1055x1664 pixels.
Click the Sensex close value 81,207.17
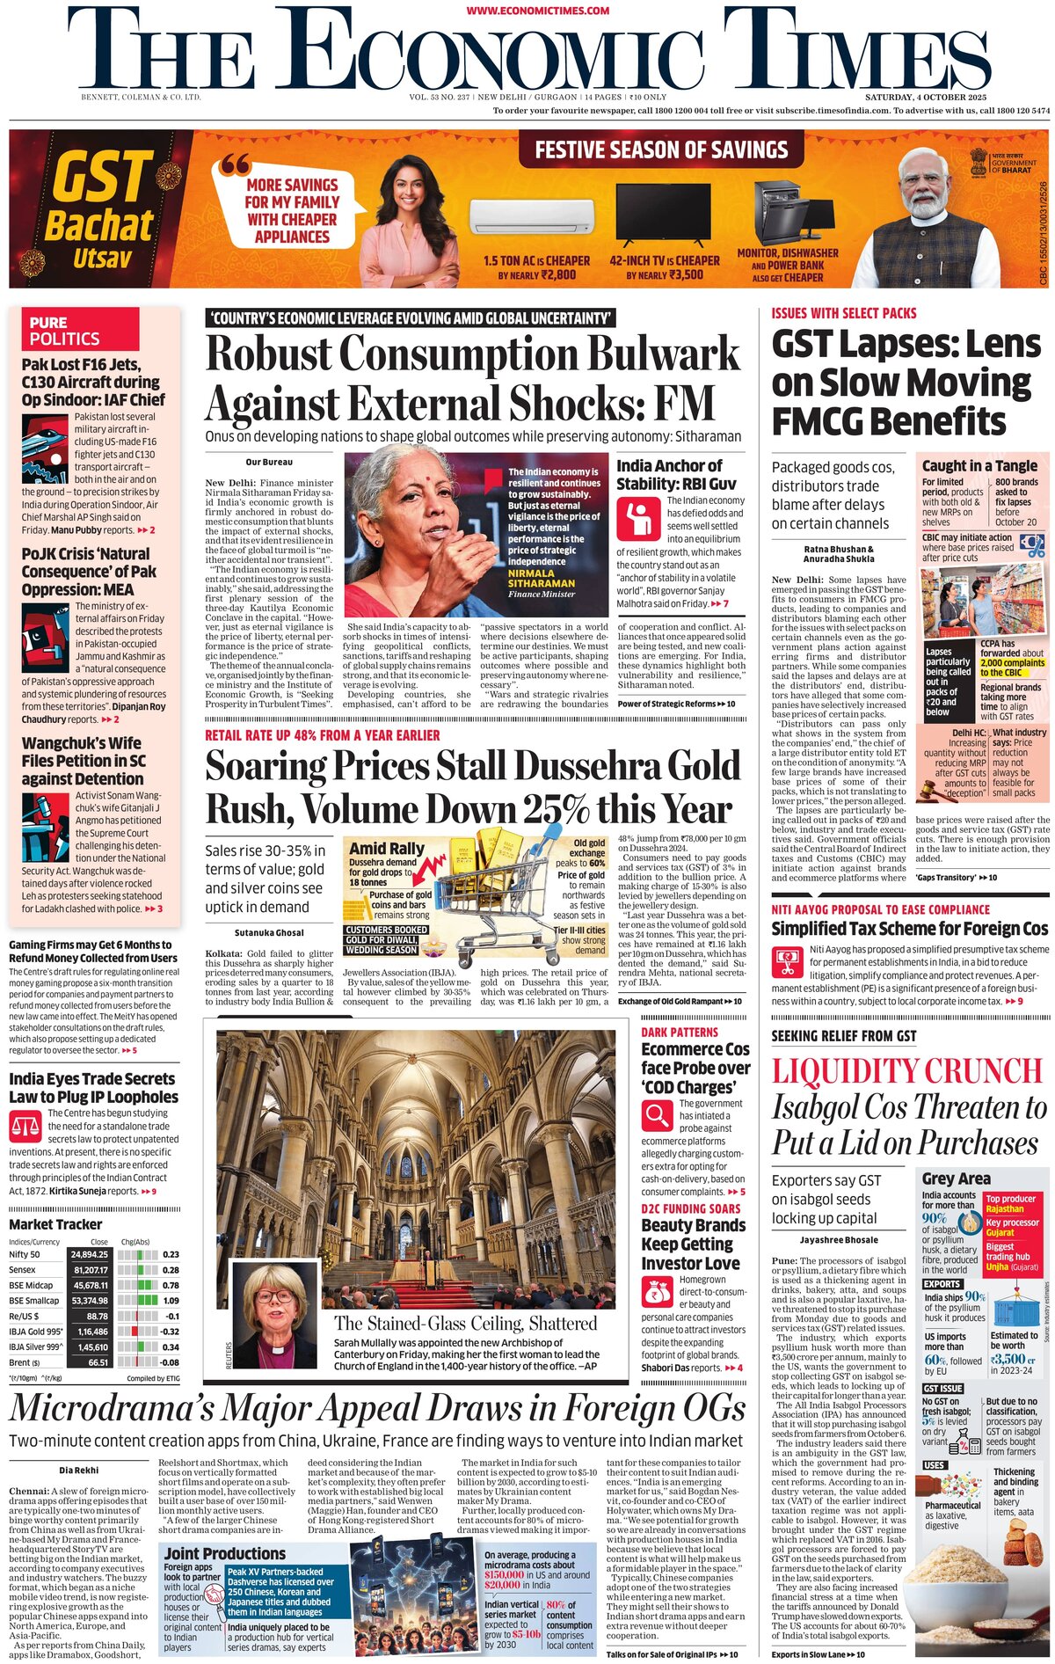point(91,1270)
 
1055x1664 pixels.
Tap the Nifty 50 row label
point(25,1254)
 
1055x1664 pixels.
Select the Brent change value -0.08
point(170,1362)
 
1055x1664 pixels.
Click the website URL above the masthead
point(537,11)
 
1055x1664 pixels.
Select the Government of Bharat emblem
point(979,162)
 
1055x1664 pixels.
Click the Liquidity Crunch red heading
point(906,1071)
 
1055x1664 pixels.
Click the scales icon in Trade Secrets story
point(25,1125)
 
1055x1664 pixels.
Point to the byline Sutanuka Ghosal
point(269,932)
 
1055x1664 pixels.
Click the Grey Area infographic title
point(956,1179)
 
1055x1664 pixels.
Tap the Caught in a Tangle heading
point(979,465)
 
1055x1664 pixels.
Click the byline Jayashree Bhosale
point(838,1240)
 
